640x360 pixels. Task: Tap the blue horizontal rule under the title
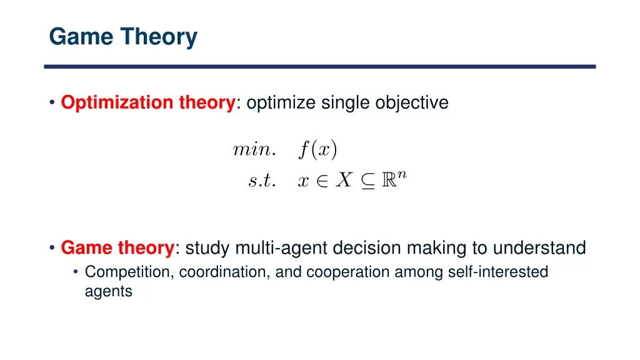point(319,66)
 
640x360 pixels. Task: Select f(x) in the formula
point(317,149)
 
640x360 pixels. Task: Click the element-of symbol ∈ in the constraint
point(322,181)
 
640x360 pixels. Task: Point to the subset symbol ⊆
point(367,181)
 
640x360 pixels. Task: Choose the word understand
point(539,249)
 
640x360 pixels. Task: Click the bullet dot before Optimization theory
point(52,103)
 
